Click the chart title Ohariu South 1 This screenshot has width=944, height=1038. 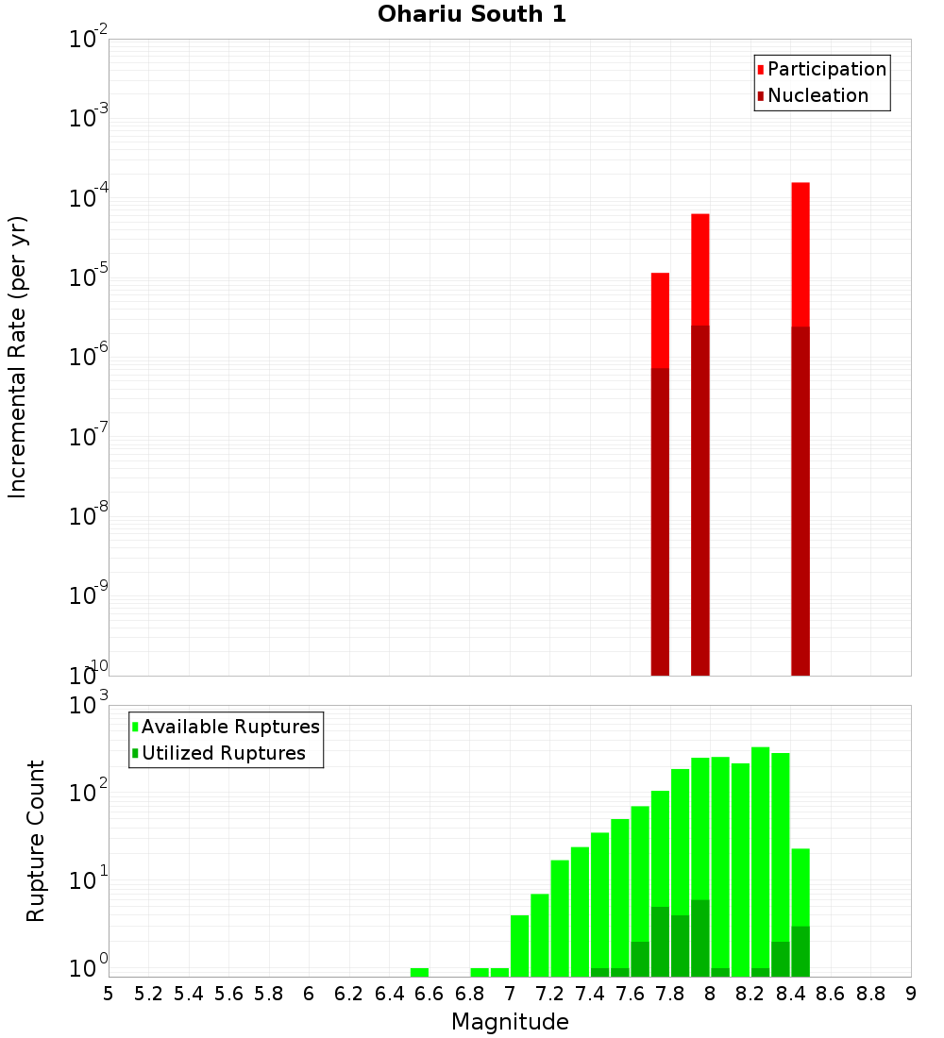pyautogui.click(x=472, y=15)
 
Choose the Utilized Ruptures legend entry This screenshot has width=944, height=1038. pyautogui.click(x=223, y=753)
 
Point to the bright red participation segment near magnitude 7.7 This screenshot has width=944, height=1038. pyautogui.click(x=660, y=321)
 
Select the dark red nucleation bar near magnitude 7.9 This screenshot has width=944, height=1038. pyautogui.click(x=700, y=500)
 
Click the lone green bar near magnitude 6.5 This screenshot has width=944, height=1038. pyautogui.click(x=419, y=972)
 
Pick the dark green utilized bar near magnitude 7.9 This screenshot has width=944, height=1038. pyautogui.click(x=700, y=939)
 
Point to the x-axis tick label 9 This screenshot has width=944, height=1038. pyautogui.click(x=911, y=994)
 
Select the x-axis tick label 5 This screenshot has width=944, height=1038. pyautogui.click(x=109, y=994)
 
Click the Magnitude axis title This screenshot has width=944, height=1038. pyautogui.click(x=510, y=1022)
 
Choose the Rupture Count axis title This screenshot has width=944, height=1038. pyautogui.click(x=36, y=841)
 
